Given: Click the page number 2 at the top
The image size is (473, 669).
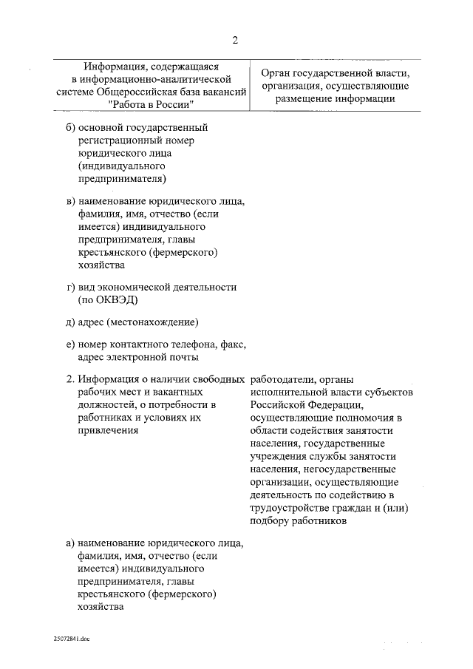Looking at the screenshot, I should pos(235,39).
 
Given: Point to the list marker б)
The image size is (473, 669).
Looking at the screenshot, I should pos(72,128).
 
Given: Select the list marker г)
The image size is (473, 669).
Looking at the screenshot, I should pos(72,287).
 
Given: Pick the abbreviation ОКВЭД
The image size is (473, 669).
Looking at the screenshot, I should pos(117,299).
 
